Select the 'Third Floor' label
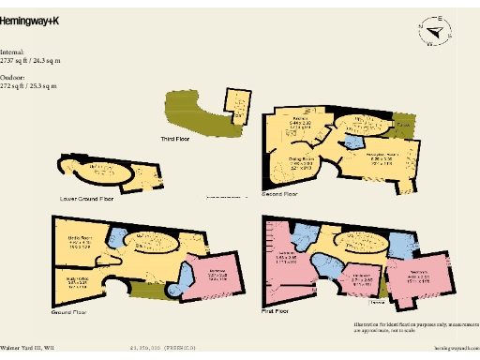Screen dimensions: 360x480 click(175, 139)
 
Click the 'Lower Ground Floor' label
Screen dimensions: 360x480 click(86, 198)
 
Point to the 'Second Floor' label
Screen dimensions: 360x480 click(279, 194)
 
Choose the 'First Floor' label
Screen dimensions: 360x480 click(277, 308)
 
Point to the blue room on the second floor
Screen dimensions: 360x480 click(352, 141)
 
